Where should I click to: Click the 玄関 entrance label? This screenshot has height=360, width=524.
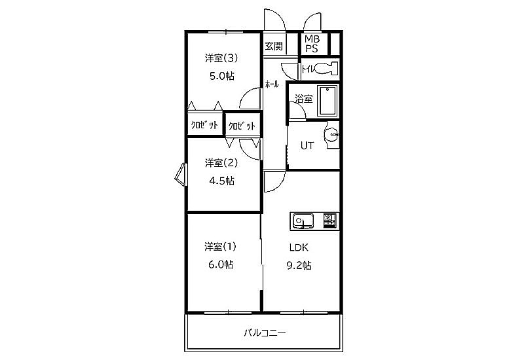pos(274,46)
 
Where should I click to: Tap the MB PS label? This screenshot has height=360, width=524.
pos(312,44)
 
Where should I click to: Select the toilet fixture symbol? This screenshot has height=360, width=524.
pos(326,69)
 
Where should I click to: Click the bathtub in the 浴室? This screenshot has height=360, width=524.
pos(327,101)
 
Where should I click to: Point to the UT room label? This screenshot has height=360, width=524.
pos(307,145)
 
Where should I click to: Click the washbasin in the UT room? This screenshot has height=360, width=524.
pos(331,135)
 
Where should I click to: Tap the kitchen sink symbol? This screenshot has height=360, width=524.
pos(303,221)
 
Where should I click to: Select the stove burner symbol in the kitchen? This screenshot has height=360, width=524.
pos(330,221)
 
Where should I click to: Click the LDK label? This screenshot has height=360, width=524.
pos(299,248)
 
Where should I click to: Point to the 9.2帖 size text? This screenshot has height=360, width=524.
pos(299,266)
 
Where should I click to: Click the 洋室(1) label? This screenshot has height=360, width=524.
pos(221,247)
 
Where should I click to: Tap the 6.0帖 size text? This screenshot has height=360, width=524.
pos(221,264)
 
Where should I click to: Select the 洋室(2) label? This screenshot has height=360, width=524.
pos(221,163)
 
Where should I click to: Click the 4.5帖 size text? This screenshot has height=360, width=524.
pos(221,181)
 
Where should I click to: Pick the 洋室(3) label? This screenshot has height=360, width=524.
pos(221,58)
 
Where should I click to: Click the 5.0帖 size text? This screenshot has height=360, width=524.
pos(222,76)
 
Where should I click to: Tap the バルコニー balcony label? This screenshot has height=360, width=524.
pos(265,333)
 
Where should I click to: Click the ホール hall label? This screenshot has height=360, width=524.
pos(272,84)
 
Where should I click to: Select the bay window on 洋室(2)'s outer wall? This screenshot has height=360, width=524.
pos(181,174)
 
